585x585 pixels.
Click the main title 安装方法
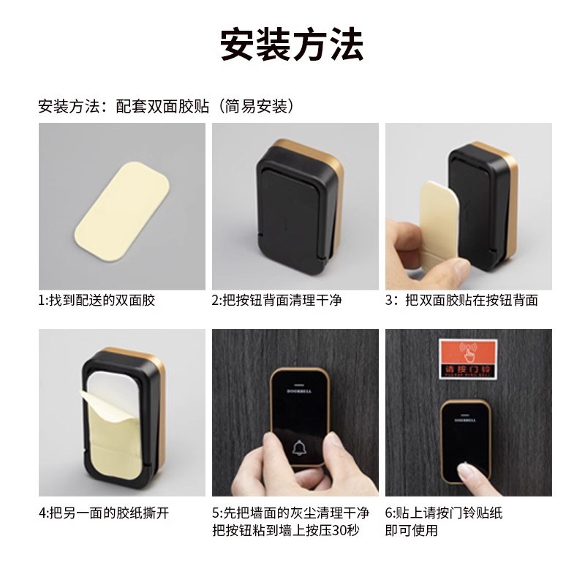pyautogui.click(x=292, y=45)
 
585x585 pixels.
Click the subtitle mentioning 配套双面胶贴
pyautogui.click(x=166, y=107)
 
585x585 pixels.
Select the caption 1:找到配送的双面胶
pyautogui.click(x=98, y=300)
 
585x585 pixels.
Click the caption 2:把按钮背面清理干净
pyautogui.click(x=277, y=300)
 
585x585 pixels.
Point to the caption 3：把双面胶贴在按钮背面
pyautogui.click(x=461, y=300)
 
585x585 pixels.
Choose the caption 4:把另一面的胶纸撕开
pyautogui.click(x=104, y=513)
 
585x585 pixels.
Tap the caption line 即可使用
pyautogui.click(x=411, y=530)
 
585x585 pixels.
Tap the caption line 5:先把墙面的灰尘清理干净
pyautogui.click(x=290, y=513)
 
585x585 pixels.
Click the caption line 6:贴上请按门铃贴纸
pyautogui.click(x=443, y=513)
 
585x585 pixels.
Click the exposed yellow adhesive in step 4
pyautogui.click(x=121, y=446)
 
